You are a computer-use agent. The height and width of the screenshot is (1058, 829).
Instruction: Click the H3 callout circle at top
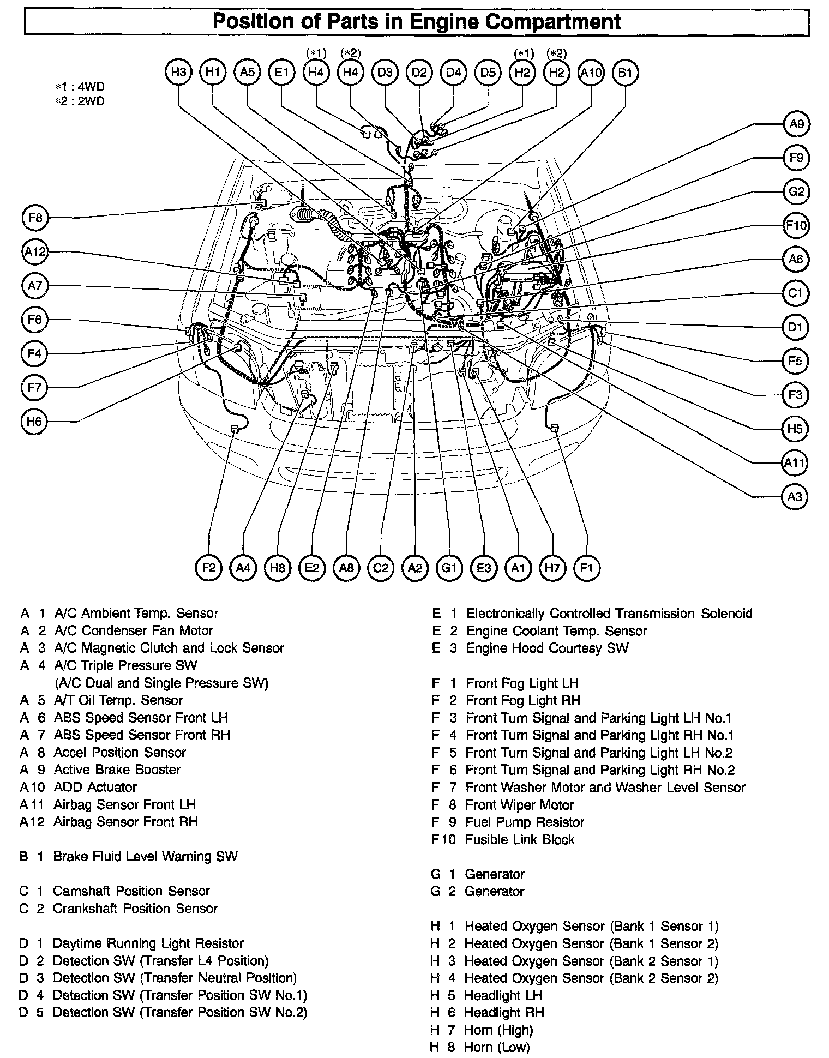pyautogui.click(x=178, y=73)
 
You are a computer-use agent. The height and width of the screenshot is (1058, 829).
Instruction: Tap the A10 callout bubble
pyautogui.click(x=591, y=73)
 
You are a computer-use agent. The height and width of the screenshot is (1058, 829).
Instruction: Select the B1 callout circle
pyautogui.click(x=625, y=73)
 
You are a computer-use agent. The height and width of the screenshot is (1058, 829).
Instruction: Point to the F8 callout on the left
pyautogui.click(x=35, y=218)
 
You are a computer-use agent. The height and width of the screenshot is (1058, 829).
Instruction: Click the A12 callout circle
pyautogui.click(x=35, y=252)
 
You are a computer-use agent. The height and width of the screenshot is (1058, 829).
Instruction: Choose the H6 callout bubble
pyautogui.click(x=34, y=422)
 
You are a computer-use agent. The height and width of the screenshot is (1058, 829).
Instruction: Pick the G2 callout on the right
pyautogui.click(x=796, y=191)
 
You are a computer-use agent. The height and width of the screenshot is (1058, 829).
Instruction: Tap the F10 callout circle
pyautogui.click(x=796, y=225)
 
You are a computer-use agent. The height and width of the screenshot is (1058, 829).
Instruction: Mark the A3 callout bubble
pyautogui.click(x=795, y=497)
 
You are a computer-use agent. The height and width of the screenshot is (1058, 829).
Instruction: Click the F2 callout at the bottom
pyautogui.click(x=209, y=568)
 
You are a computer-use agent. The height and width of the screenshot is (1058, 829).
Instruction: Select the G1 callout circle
pyautogui.click(x=449, y=568)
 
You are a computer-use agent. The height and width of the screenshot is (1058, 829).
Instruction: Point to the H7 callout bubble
pyautogui.click(x=552, y=568)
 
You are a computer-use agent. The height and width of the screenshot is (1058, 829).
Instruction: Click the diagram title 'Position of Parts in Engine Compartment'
pyautogui.click(x=416, y=22)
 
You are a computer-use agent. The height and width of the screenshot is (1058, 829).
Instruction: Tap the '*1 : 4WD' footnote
pyautogui.click(x=80, y=87)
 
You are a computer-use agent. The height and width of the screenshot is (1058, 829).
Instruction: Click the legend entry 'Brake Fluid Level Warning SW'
pyautogui.click(x=145, y=856)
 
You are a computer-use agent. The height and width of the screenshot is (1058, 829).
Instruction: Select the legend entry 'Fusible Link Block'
pyautogui.click(x=519, y=839)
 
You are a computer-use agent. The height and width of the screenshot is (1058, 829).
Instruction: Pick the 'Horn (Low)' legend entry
pyautogui.click(x=496, y=1047)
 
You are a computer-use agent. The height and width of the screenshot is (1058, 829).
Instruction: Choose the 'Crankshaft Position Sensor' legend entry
pyautogui.click(x=135, y=909)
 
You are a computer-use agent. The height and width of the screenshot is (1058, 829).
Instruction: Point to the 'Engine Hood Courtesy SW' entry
pyautogui.click(x=547, y=648)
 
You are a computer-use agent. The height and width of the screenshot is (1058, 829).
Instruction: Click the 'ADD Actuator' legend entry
pyautogui.click(x=95, y=787)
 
